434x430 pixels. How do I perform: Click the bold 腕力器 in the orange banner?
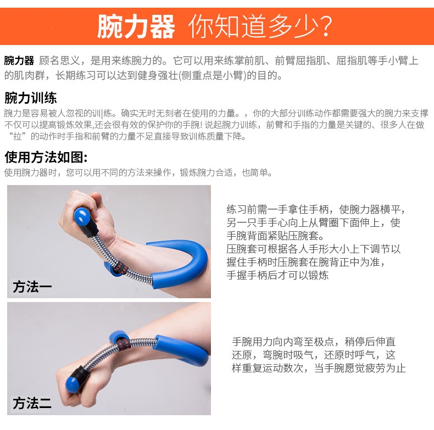136,26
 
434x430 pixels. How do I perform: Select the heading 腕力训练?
30,98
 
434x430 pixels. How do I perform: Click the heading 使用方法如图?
46,157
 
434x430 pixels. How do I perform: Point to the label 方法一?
32,286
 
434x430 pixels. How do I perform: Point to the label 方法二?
32,403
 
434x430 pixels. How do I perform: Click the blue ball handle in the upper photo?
82,217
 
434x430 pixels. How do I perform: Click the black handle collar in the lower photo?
84,373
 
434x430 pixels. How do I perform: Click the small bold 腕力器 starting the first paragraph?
19,60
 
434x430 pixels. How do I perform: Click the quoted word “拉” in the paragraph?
18,136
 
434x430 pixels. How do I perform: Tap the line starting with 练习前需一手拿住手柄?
316,209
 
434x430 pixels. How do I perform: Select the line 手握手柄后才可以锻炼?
277,275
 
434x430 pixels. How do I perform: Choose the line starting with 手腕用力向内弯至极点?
314,342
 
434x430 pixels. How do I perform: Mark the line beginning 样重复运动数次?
319,368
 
